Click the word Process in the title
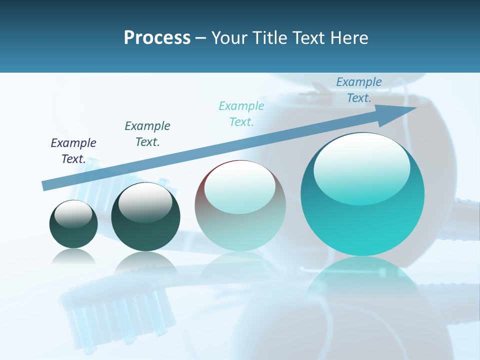point(157,38)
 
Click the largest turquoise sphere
point(362,200)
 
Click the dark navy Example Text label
point(73,151)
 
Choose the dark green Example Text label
point(147,134)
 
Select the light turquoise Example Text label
point(241,114)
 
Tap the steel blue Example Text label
point(359,90)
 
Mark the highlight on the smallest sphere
point(73,214)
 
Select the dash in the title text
point(201,38)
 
